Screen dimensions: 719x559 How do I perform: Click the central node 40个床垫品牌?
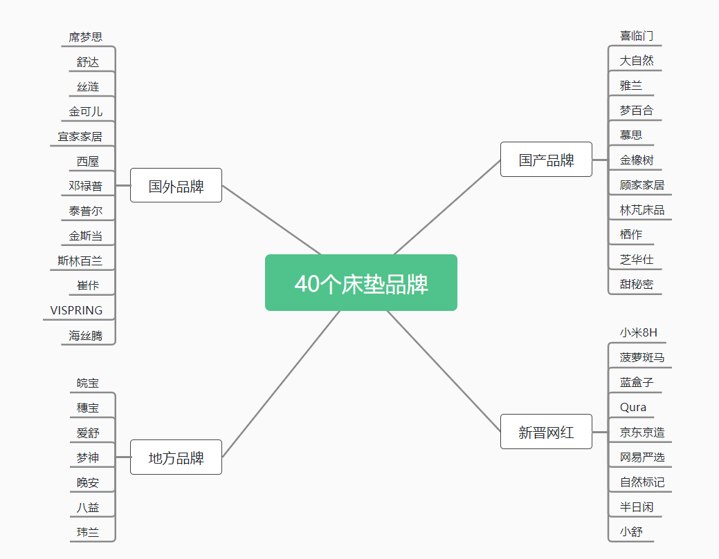(361, 283)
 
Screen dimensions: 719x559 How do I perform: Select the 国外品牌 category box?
(176, 185)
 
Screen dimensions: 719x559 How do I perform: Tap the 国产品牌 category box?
(546, 160)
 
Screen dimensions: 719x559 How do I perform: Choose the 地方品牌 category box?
(176, 457)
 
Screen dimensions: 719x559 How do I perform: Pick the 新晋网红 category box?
(546, 432)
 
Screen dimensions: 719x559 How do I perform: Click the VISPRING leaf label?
(76, 310)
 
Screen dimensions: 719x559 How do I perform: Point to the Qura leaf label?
(632, 407)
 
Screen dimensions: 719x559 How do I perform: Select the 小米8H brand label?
(638, 332)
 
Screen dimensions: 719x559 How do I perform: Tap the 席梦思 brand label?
(85, 37)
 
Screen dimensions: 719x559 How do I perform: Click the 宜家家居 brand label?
(80, 136)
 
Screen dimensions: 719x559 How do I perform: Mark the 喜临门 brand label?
(637, 36)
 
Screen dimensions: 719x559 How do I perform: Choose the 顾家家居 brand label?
(642, 185)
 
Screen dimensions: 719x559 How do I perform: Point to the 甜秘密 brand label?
(637, 284)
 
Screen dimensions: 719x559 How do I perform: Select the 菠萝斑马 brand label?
(642, 357)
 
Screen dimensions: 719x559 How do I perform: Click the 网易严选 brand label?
(642, 457)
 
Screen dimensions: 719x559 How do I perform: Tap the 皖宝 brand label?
(88, 383)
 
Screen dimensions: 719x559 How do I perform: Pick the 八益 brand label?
(88, 507)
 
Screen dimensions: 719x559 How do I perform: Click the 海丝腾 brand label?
(85, 336)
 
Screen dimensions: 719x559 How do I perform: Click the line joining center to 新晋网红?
(444, 371)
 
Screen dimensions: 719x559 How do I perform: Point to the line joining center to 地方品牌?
(281, 384)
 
